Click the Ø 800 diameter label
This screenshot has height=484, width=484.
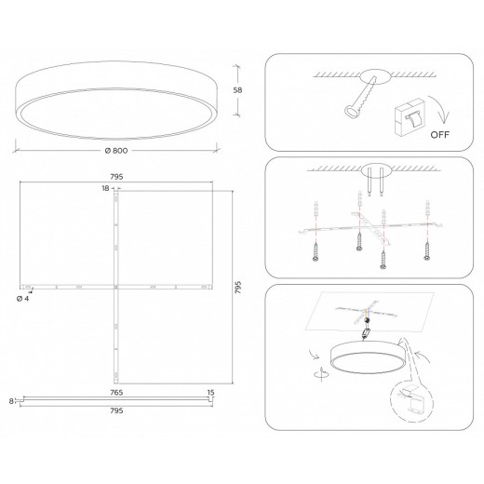pyautogui.click(x=116, y=150)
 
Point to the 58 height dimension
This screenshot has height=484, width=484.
pyautogui.click(x=238, y=89)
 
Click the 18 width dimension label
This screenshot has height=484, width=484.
pyautogui.click(x=106, y=189)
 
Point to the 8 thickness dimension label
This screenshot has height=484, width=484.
pyautogui.click(x=11, y=401)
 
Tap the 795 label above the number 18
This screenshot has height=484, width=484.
pyautogui.click(x=117, y=176)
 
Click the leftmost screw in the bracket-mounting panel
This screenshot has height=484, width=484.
pyautogui.click(x=316, y=249)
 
